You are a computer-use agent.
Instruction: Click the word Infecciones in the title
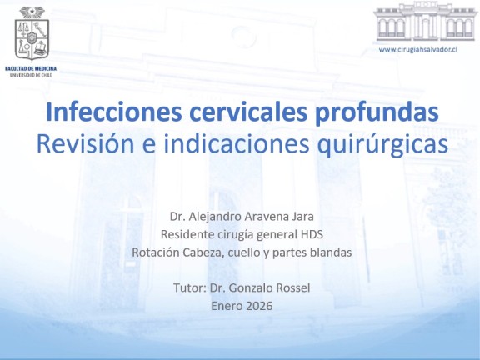click(114, 112)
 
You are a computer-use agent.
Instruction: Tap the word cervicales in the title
click(248, 112)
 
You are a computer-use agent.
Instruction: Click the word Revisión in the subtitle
click(85, 143)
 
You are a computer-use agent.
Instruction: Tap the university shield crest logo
click(32, 33)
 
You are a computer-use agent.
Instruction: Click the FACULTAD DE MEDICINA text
click(31, 69)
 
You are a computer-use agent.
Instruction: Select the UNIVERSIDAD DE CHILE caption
click(31, 75)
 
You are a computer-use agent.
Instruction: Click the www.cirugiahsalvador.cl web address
click(418, 50)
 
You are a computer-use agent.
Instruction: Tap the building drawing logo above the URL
click(425, 22)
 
